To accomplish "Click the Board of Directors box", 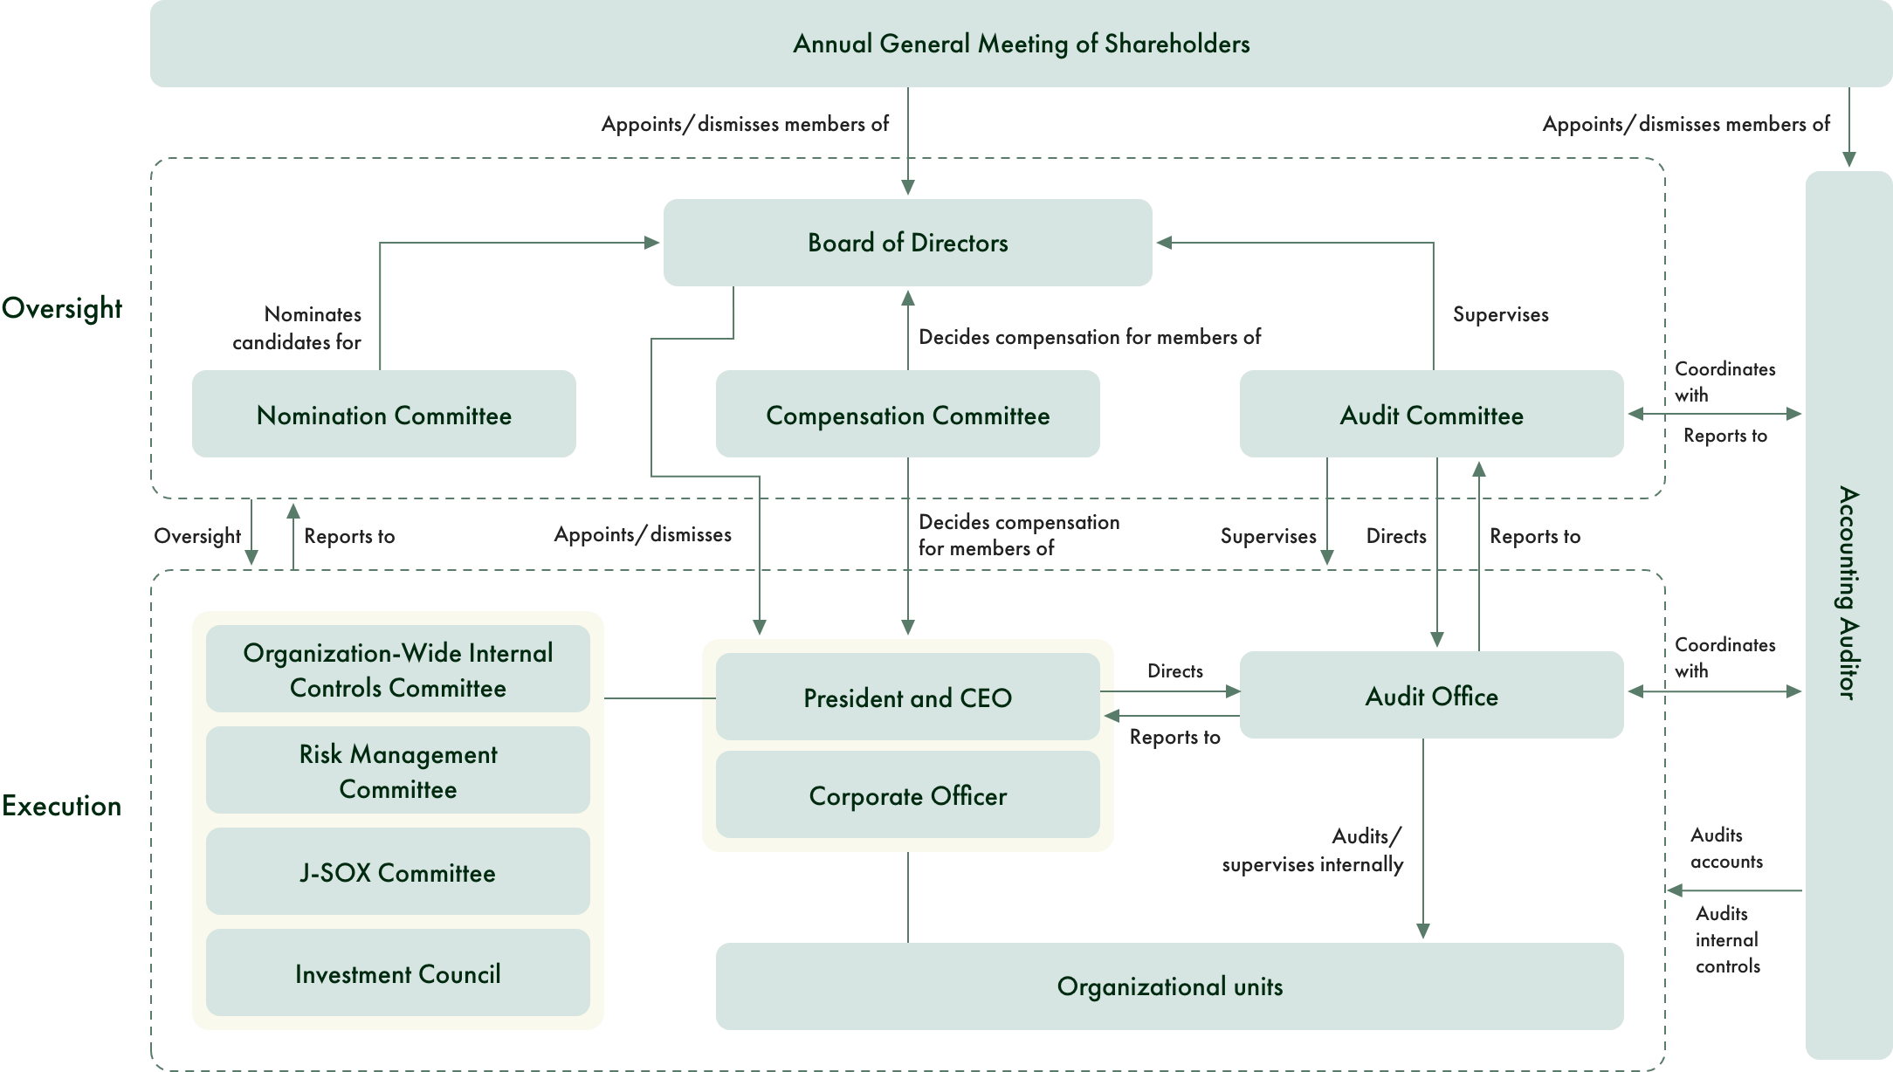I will [907, 243].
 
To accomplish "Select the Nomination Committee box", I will [383, 415].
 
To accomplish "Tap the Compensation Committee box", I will [907, 415].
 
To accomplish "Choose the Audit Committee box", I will [1431, 415].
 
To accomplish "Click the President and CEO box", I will [907, 697].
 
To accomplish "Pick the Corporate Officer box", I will [907, 795].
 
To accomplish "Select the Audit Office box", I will [1431, 696].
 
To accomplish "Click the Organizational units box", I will [1169, 986].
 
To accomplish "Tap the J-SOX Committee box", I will [397, 872].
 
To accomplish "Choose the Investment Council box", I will [397, 973].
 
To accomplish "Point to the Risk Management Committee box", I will [397, 771].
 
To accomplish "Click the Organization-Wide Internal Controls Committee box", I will [397, 670].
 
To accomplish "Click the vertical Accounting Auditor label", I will [1848, 594].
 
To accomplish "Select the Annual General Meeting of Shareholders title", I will [1021, 44].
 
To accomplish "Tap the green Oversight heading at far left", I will [61, 308].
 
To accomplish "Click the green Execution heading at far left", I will [61, 805].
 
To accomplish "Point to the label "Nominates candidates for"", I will [297, 328].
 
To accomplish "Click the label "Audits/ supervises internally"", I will [1312, 850].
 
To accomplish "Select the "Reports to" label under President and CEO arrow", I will [1174, 737].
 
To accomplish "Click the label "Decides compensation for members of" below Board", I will [1089, 337].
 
